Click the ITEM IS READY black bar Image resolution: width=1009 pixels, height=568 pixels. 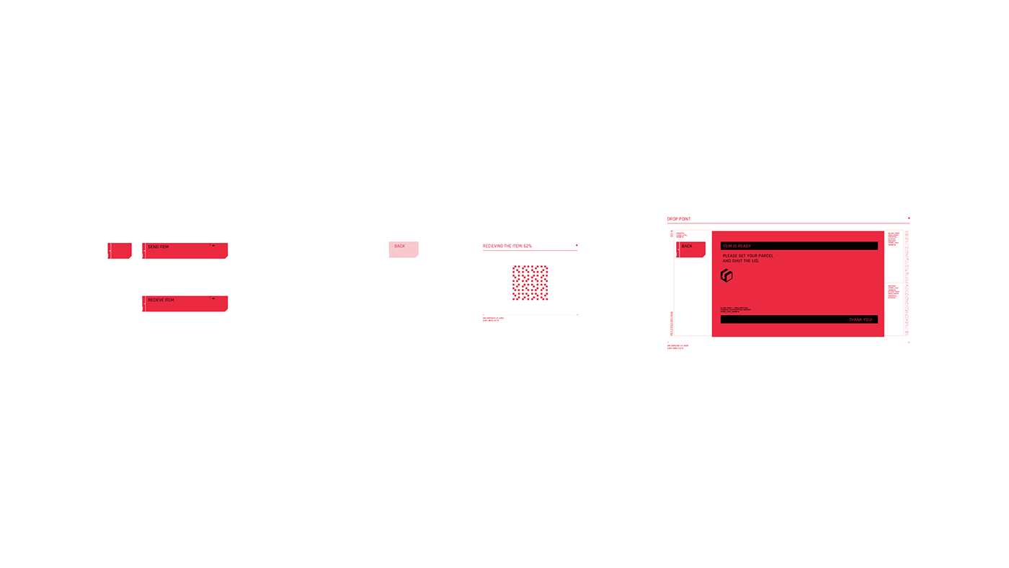point(799,246)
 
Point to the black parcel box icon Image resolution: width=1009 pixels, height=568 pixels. point(726,275)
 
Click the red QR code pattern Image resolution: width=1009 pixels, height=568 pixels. point(530,283)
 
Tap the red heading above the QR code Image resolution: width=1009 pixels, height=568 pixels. point(507,247)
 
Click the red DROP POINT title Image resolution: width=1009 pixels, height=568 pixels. point(679,218)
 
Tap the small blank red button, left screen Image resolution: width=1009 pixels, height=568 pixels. point(120,250)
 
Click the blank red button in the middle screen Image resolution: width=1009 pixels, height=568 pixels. point(403,249)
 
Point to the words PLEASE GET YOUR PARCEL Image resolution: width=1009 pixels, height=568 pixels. point(747,256)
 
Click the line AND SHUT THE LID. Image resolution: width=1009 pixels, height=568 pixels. point(741,261)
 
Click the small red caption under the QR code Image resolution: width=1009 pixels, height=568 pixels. point(493,318)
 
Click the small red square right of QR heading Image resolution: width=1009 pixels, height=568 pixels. point(577,246)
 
